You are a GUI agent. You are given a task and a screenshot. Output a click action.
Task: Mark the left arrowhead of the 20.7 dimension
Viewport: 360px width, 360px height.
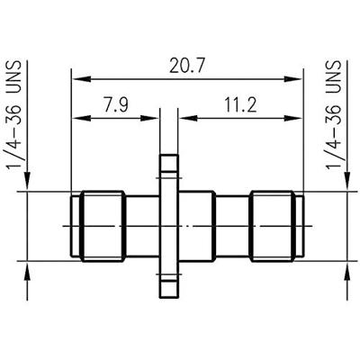tap(76, 79)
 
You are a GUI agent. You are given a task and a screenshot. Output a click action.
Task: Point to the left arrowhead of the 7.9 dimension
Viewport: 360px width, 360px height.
tap(76, 117)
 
